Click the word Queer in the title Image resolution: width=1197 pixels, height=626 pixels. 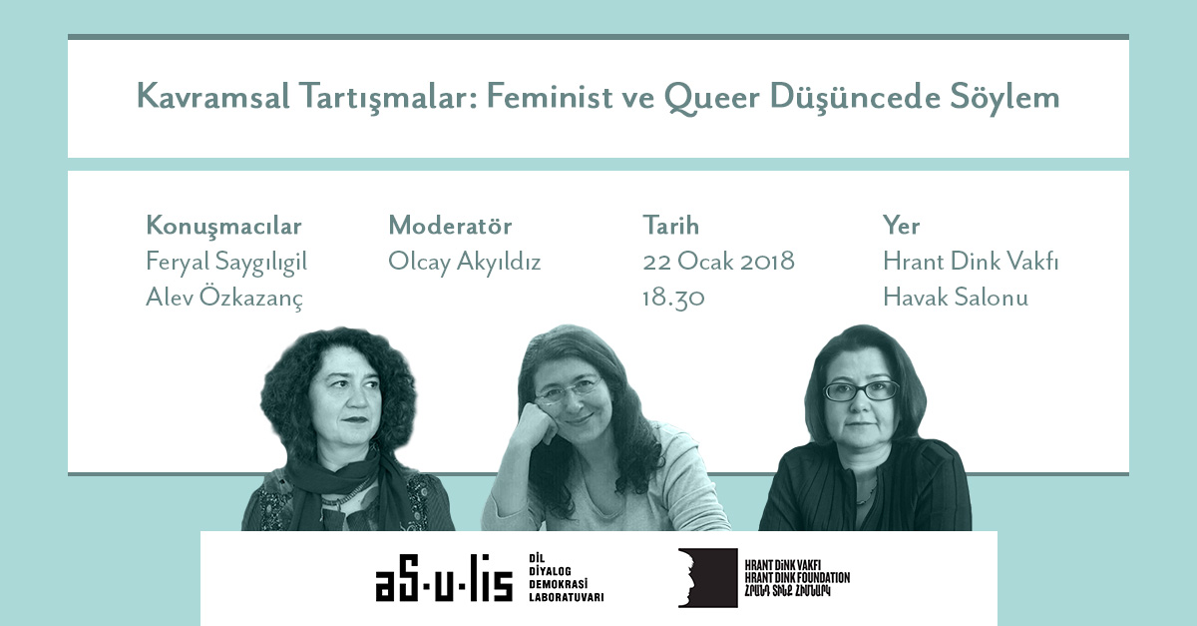click(712, 98)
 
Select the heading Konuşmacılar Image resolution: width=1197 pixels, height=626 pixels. click(223, 227)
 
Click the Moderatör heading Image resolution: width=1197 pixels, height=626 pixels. click(450, 226)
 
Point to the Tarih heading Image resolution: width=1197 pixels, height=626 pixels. click(670, 226)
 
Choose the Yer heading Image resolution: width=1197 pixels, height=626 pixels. click(901, 226)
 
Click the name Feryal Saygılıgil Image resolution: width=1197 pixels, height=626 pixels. click(226, 263)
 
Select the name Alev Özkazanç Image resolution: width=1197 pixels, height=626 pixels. click(224, 297)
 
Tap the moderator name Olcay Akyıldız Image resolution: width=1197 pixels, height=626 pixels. click(465, 263)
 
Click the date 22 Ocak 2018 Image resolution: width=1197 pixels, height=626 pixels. click(719, 262)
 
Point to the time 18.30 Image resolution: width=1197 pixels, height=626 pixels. click(673, 298)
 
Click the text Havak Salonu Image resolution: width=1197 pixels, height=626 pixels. click(956, 297)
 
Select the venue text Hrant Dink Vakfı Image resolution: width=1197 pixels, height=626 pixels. click(971, 262)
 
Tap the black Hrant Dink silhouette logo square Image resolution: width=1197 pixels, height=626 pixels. click(708, 578)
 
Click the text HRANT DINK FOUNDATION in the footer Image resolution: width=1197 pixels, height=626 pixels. click(797, 578)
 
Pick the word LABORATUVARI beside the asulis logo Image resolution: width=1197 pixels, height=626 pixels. click(566, 597)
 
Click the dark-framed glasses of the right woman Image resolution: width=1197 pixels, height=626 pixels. click(861, 391)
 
